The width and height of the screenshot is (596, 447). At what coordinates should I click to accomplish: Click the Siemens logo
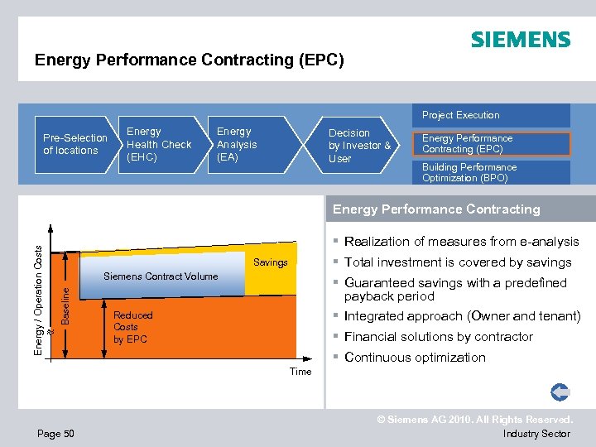pos(520,40)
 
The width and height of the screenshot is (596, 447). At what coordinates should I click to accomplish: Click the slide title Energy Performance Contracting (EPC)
pos(189,60)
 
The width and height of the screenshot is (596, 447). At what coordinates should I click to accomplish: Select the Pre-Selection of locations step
pos(74,144)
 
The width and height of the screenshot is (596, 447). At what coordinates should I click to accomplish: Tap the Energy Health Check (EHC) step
pos(158,144)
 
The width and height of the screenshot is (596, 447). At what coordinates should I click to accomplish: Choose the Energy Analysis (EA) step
pos(237,144)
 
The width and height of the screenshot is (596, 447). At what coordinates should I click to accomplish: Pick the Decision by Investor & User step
pos(359,146)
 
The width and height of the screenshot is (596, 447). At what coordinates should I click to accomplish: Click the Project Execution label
pos(461,115)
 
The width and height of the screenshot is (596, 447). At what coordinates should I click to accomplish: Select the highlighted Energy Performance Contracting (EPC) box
pos(468,144)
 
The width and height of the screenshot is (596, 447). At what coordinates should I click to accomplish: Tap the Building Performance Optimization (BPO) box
pos(469,172)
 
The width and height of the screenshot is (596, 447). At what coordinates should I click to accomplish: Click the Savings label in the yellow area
pos(270,262)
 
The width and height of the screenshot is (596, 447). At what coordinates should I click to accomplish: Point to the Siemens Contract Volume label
pos(161,276)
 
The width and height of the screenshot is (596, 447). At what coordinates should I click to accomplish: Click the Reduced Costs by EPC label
pos(133,327)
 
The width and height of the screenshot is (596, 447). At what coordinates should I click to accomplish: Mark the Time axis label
pos(300,372)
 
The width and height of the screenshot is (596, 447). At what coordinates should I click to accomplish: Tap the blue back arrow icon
pos(560,392)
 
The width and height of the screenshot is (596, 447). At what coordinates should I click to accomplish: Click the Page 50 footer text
pos(55,434)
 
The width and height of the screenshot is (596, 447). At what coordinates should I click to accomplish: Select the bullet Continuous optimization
pos(415,358)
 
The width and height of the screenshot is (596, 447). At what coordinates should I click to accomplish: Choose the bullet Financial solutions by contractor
pos(438,337)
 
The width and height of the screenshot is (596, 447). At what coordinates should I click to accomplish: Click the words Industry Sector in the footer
pos(536,434)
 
